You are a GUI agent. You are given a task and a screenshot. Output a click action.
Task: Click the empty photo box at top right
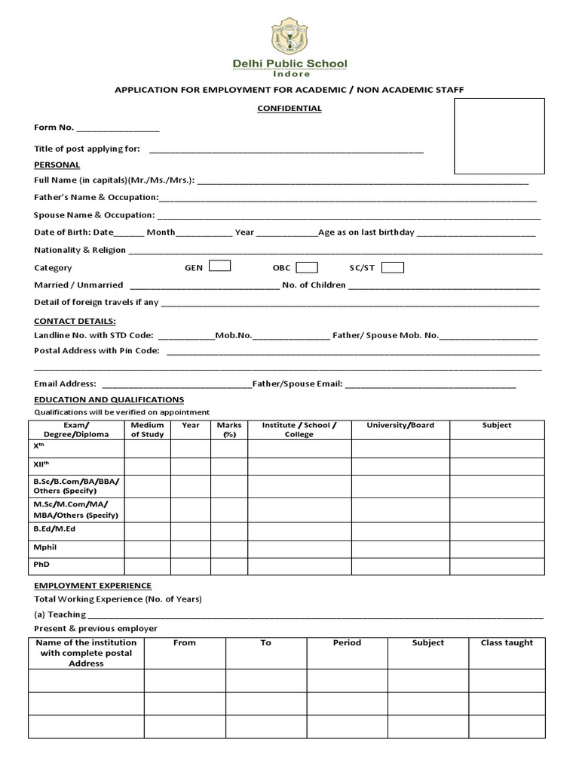pyautogui.click(x=498, y=136)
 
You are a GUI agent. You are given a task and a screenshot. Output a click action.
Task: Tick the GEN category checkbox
pyautogui.click(x=219, y=266)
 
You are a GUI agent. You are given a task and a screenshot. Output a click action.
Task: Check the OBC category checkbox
pyautogui.click(x=307, y=267)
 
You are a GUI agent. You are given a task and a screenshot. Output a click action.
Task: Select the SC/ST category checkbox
pyautogui.click(x=392, y=267)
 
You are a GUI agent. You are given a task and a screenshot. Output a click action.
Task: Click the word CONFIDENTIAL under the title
pyautogui.click(x=289, y=109)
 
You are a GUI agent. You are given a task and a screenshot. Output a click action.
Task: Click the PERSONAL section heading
pyautogui.click(x=57, y=165)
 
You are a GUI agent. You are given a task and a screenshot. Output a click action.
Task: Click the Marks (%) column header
pyautogui.click(x=229, y=430)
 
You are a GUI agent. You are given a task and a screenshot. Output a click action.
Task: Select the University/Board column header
pyautogui.click(x=400, y=426)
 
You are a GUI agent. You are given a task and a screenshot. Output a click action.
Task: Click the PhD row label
pyautogui.click(x=41, y=564)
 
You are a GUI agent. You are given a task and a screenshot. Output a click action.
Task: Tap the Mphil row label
pyautogui.click(x=44, y=547)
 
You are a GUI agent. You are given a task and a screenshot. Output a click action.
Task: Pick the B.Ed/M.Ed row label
pyautogui.click(x=54, y=529)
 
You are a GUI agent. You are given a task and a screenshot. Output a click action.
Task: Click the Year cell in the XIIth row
pyautogui.click(x=191, y=467)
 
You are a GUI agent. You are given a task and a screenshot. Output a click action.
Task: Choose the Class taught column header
pyautogui.click(x=507, y=643)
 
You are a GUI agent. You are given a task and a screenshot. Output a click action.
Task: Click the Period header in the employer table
pyautogui.click(x=347, y=643)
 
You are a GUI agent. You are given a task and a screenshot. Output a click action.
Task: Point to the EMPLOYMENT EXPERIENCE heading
pyautogui.click(x=93, y=586)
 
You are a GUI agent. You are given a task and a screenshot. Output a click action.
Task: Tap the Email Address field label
pyautogui.click(x=66, y=384)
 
